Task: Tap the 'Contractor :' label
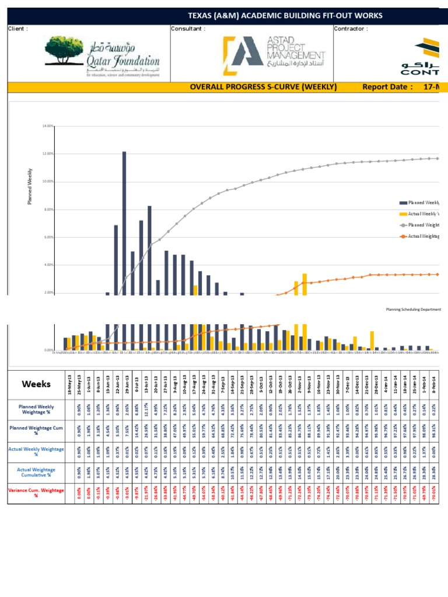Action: [x=351, y=29]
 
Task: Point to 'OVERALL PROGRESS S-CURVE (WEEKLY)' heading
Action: [x=264, y=87]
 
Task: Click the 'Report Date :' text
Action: [x=387, y=87]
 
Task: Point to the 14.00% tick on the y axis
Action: [x=48, y=126]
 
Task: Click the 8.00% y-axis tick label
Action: [x=48, y=209]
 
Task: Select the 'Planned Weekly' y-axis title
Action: [x=30, y=187]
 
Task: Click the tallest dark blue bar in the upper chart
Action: [x=124, y=222]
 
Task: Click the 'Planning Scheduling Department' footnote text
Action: [x=414, y=310]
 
